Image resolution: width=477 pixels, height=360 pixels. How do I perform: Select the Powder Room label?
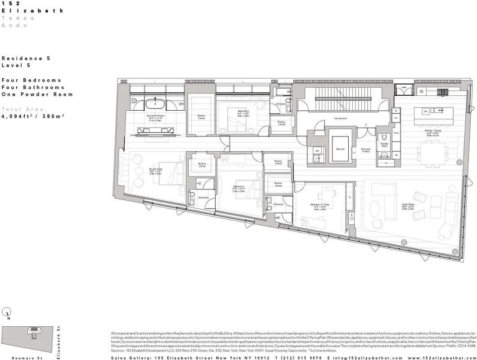click(x=385, y=145)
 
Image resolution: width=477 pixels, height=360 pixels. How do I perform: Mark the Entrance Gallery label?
click(x=366, y=150)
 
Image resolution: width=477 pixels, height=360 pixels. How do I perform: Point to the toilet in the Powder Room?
click(x=383, y=138)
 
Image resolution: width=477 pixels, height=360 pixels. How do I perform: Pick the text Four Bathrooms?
click(x=32, y=87)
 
